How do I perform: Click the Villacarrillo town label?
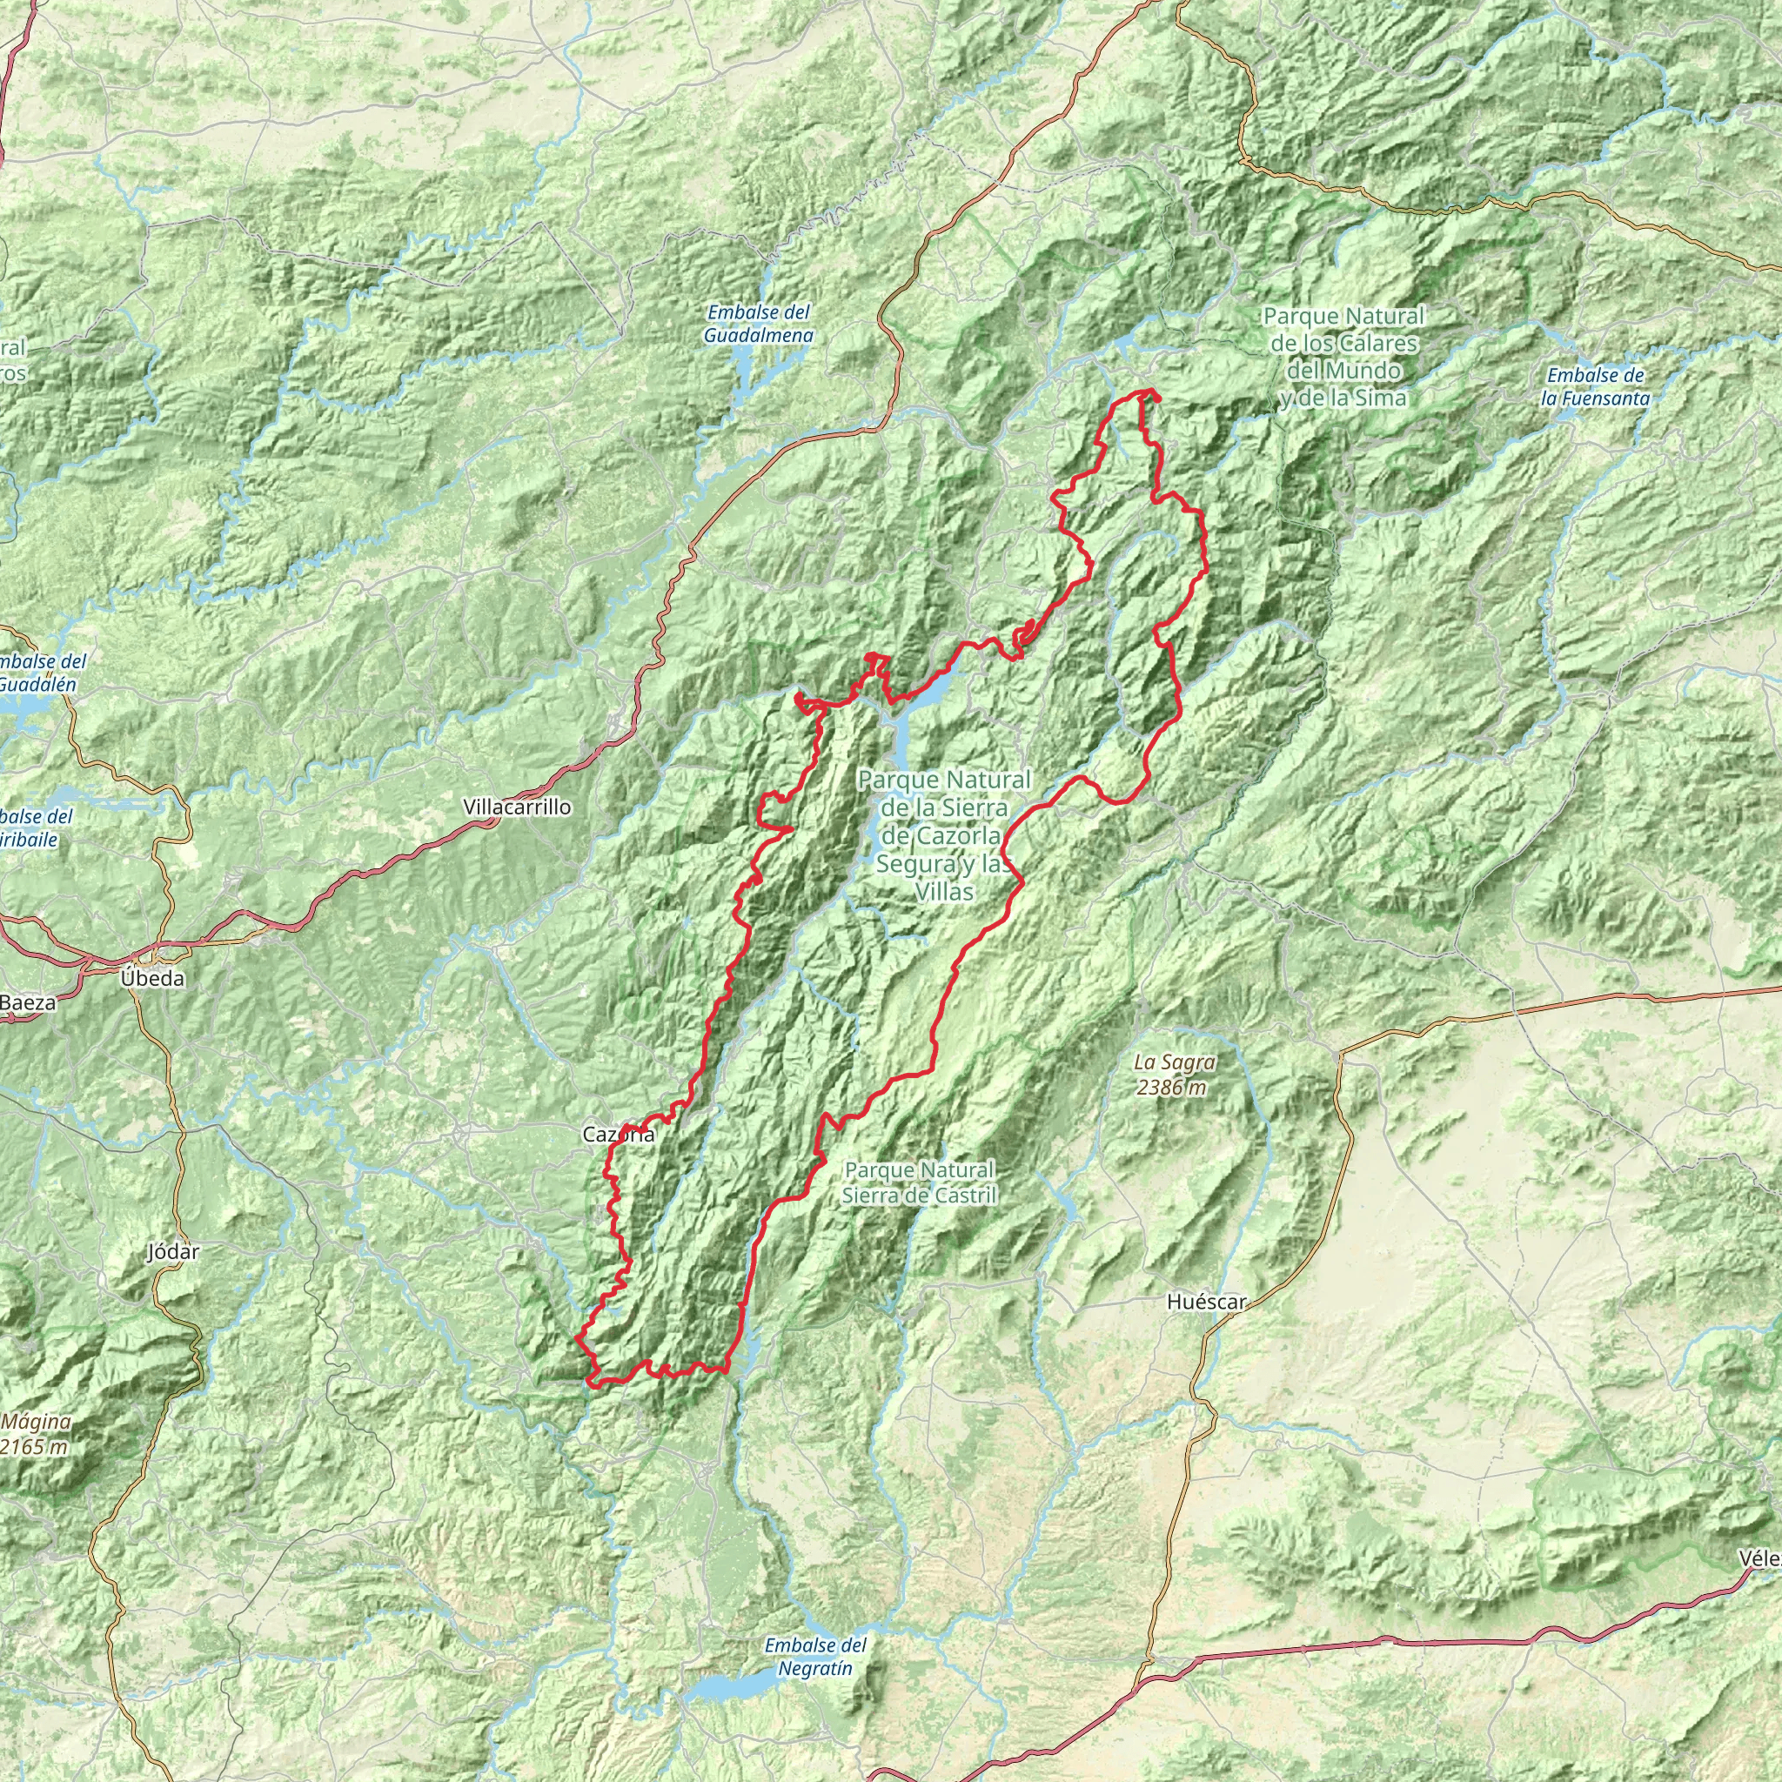pyautogui.click(x=517, y=807)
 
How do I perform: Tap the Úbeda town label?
pyautogui.click(x=152, y=979)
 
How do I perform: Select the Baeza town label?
pyautogui.click(x=28, y=1002)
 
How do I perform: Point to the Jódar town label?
pyautogui.click(x=173, y=1251)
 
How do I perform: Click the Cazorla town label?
pyautogui.click(x=619, y=1135)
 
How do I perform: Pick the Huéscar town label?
pyautogui.click(x=1205, y=1302)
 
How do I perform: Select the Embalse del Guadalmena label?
pyautogui.click(x=758, y=324)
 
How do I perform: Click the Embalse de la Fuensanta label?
pyautogui.click(x=1596, y=386)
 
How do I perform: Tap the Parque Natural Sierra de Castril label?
pyautogui.click(x=920, y=1182)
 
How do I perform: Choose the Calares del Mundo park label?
pyautogui.click(x=1343, y=357)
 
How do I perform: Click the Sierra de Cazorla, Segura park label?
pyautogui.click(x=942, y=835)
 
